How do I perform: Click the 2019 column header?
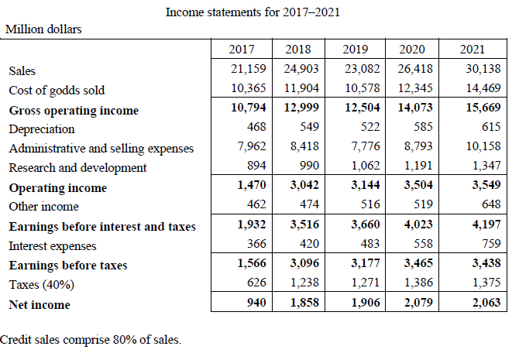point(356,50)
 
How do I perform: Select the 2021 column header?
point(472,50)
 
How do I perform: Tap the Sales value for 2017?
point(249,70)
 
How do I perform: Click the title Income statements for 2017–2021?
point(253,12)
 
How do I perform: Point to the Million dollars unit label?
point(44,29)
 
